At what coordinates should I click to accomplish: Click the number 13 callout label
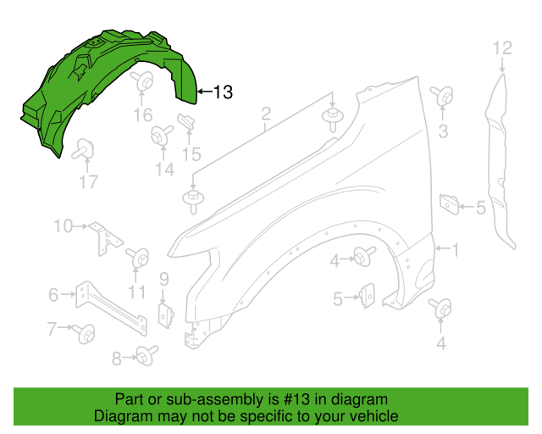[x=223, y=92]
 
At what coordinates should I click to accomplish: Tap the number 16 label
[x=143, y=115]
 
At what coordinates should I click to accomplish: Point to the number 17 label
[x=89, y=182]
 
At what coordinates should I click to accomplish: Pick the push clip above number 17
[x=83, y=149]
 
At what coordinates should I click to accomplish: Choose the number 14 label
[x=165, y=170]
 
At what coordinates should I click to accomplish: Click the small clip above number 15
[x=186, y=121]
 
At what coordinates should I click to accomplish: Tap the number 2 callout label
[x=265, y=114]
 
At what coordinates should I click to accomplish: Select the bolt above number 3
[x=442, y=96]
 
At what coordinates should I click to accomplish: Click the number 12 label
[x=502, y=48]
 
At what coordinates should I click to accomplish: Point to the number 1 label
[x=456, y=249]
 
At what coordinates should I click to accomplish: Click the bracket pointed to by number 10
[x=105, y=238]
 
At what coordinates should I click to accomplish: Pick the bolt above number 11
[x=137, y=258]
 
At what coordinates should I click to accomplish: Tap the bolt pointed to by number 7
[x=84, y=334]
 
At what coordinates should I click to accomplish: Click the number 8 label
[x=117, y=359]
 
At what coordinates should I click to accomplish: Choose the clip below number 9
[x=166, y=315]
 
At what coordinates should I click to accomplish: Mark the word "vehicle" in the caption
[x=378, y=416]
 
